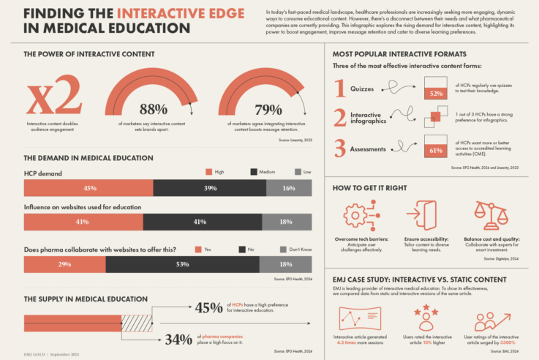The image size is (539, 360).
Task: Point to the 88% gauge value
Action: pyautogui.click(x=154, y=110)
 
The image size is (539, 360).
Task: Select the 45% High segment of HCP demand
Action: pyautogui.click(x=89, y=188)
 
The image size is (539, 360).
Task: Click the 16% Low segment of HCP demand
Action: pyautogui.click(x=289, y=188)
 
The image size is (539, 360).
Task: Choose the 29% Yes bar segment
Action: pyautogui.click(x=64, y=263)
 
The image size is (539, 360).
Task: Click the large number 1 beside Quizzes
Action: pyautogui.click(x=339, y=89)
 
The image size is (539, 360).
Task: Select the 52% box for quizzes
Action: pyautogui.click(x=437, y=94)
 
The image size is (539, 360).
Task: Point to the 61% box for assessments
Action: pyautogui.click(x=437, y=150)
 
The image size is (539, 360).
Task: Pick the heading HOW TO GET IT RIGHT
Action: pyautogui.click(x=370, y=188)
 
